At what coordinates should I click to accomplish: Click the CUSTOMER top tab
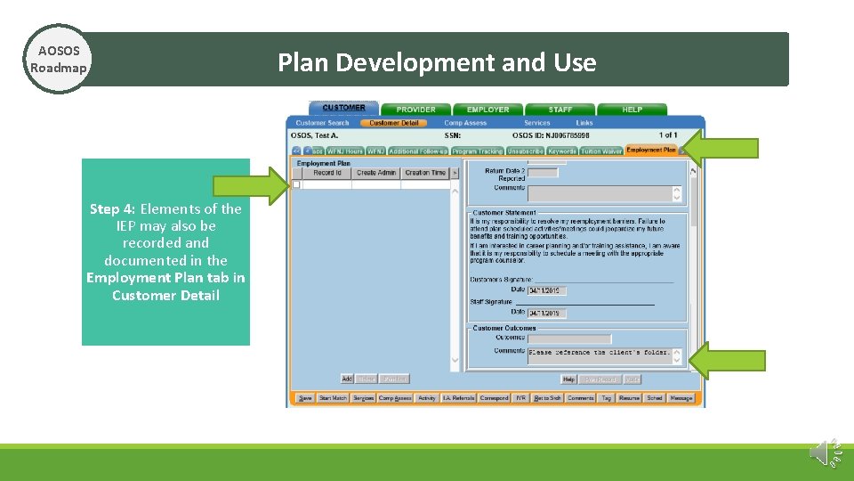pos(343,108)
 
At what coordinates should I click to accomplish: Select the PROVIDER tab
pos(416,110)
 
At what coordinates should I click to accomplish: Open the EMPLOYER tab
pos(488,110)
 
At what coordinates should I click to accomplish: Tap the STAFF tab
pos(560,110)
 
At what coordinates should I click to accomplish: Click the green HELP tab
pos(632,110)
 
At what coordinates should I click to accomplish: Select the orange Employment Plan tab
pos(651,151)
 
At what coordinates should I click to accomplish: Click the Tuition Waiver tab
pos(602,151)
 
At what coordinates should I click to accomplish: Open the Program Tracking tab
pos(478,151)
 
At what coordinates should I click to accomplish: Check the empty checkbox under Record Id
pos(296,184)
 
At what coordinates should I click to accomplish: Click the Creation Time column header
pos(425,173)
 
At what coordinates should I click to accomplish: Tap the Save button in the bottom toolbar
pos(305,398)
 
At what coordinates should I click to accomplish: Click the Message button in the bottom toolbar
pos(681,398)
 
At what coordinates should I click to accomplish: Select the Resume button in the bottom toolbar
pos(629,398)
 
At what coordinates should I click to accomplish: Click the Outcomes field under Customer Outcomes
pos(569,338)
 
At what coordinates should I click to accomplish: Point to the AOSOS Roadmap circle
pos(59,59)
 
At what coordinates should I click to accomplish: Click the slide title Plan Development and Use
pos(437,62)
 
